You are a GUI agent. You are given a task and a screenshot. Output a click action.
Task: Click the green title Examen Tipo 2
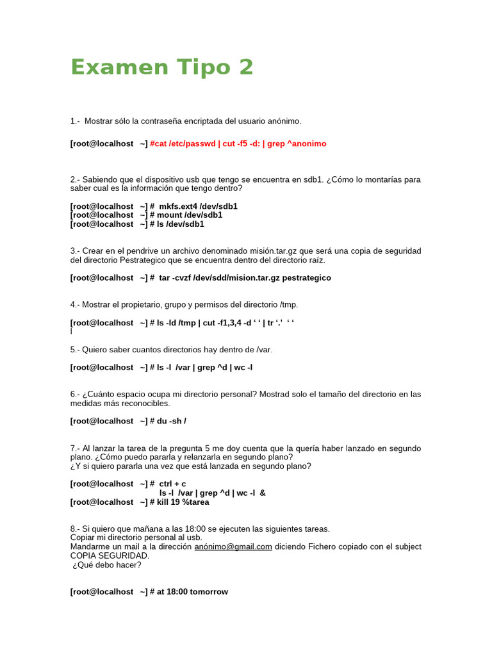162,67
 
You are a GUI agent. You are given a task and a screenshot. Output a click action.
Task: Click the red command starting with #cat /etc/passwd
238,143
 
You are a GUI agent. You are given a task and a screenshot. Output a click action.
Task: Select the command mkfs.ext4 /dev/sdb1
198,206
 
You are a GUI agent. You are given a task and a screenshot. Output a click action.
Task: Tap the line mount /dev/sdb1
190,215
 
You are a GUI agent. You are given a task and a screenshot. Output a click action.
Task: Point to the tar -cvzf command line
244,278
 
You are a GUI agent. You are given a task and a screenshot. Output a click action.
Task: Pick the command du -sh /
171,421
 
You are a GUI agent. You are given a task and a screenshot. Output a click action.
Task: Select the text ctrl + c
172,484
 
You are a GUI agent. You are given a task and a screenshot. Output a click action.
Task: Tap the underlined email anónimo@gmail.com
233,546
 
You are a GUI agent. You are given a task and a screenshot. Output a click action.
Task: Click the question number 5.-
75,350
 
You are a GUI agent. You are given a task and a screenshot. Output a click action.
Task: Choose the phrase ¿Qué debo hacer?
107,564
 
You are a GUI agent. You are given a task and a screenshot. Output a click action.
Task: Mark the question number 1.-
75,121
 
